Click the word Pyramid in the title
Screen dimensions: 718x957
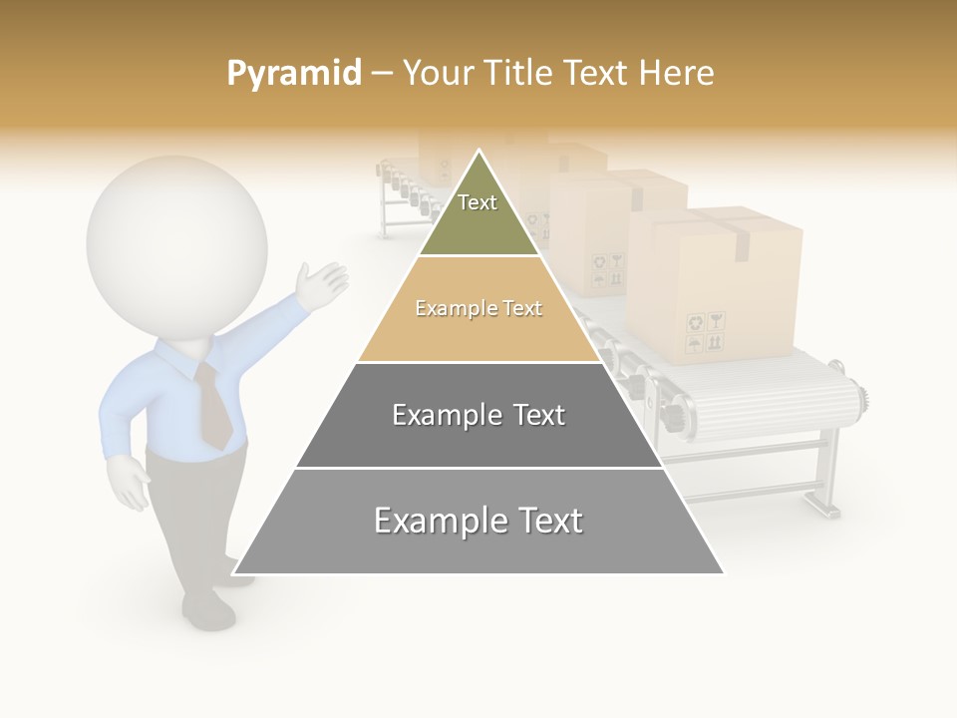tap(293, 74)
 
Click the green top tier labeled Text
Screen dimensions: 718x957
tap(478, 224)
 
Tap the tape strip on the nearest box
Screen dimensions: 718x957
tap(741, 239)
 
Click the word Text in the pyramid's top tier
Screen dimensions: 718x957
tap(478, 202)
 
